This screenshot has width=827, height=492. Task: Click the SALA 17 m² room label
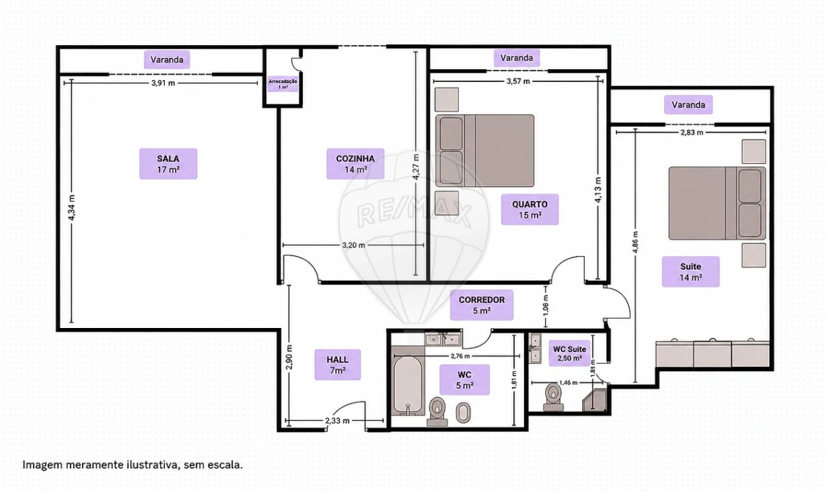168,164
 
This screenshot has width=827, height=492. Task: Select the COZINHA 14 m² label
355,164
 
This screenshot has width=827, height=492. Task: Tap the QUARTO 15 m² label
530,210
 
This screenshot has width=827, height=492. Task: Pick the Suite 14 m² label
691,271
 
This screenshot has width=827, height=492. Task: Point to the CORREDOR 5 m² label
482,305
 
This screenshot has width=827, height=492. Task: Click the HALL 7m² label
337,365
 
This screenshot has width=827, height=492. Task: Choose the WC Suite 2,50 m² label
569,353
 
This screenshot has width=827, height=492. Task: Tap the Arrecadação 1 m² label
283,84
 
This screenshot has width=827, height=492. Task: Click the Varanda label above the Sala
167,59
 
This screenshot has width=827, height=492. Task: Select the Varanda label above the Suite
688,105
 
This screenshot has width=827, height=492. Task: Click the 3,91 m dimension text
163,83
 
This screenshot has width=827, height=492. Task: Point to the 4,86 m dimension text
635,243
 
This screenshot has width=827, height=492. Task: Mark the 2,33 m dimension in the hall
337,420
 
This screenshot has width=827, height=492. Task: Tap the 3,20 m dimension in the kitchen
354,245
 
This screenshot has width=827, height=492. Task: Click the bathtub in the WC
408,381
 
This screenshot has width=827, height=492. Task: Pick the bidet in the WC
463,413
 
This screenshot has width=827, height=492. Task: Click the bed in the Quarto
485,150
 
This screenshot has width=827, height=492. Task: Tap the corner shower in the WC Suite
595,400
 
